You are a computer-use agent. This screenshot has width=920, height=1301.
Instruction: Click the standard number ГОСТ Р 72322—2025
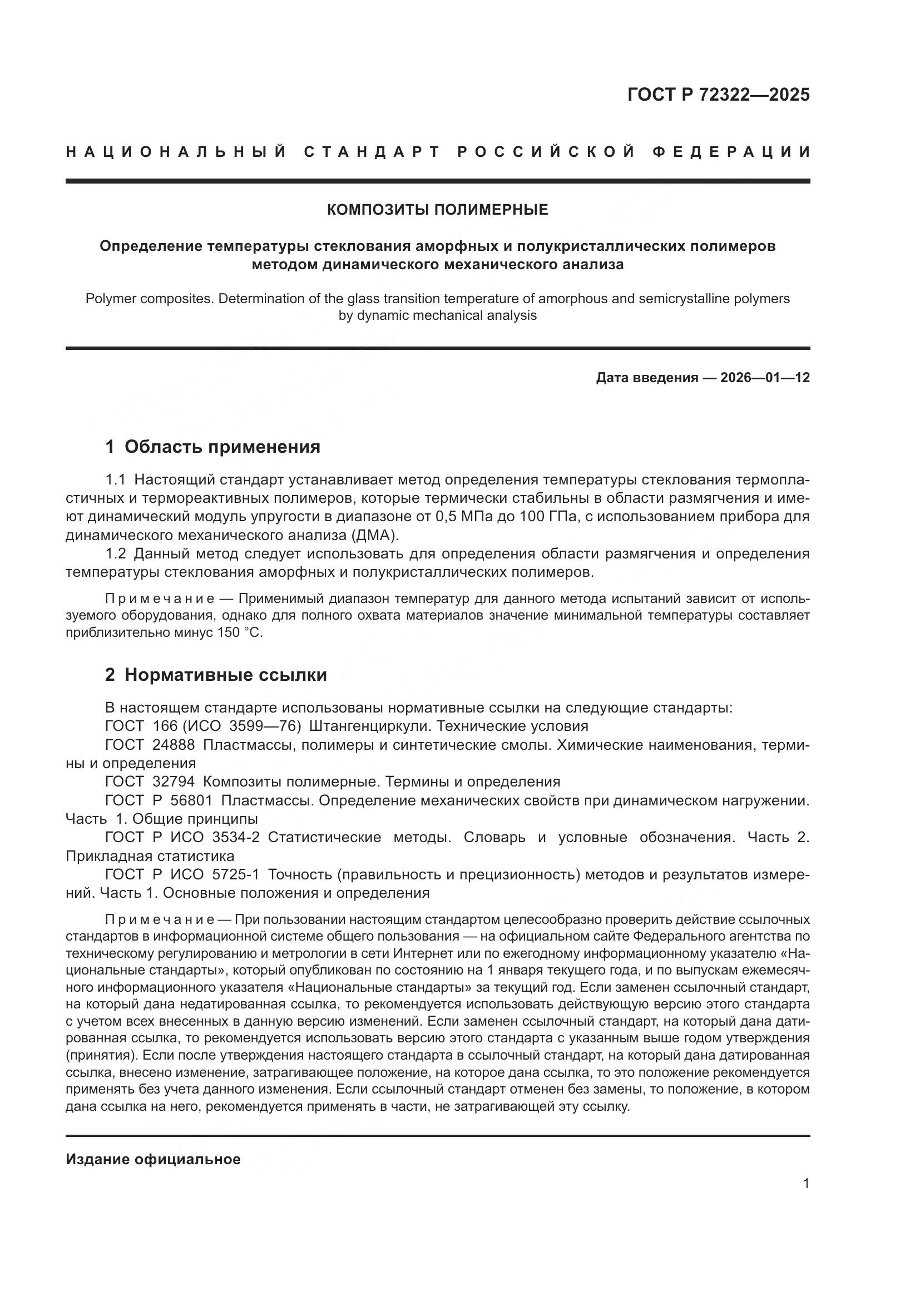(718, 95)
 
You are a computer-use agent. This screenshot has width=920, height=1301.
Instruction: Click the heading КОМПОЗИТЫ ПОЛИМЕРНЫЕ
(437, 210)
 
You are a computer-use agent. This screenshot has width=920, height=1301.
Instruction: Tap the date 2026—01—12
(765, 378)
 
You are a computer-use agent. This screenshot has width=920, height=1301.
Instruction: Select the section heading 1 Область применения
(212, 447)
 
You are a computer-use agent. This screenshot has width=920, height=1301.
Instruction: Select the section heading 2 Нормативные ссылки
(216, 675)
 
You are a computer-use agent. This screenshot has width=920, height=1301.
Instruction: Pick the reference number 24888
(174, 745)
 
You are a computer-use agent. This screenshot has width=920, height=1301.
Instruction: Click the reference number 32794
(174, 782)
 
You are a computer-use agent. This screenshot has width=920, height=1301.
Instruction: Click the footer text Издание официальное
(153, 1159)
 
